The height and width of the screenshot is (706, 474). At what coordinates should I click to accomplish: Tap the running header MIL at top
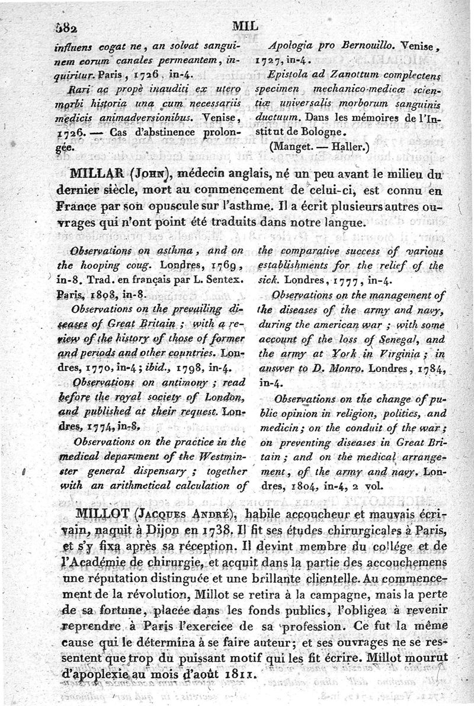click(244, 25)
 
